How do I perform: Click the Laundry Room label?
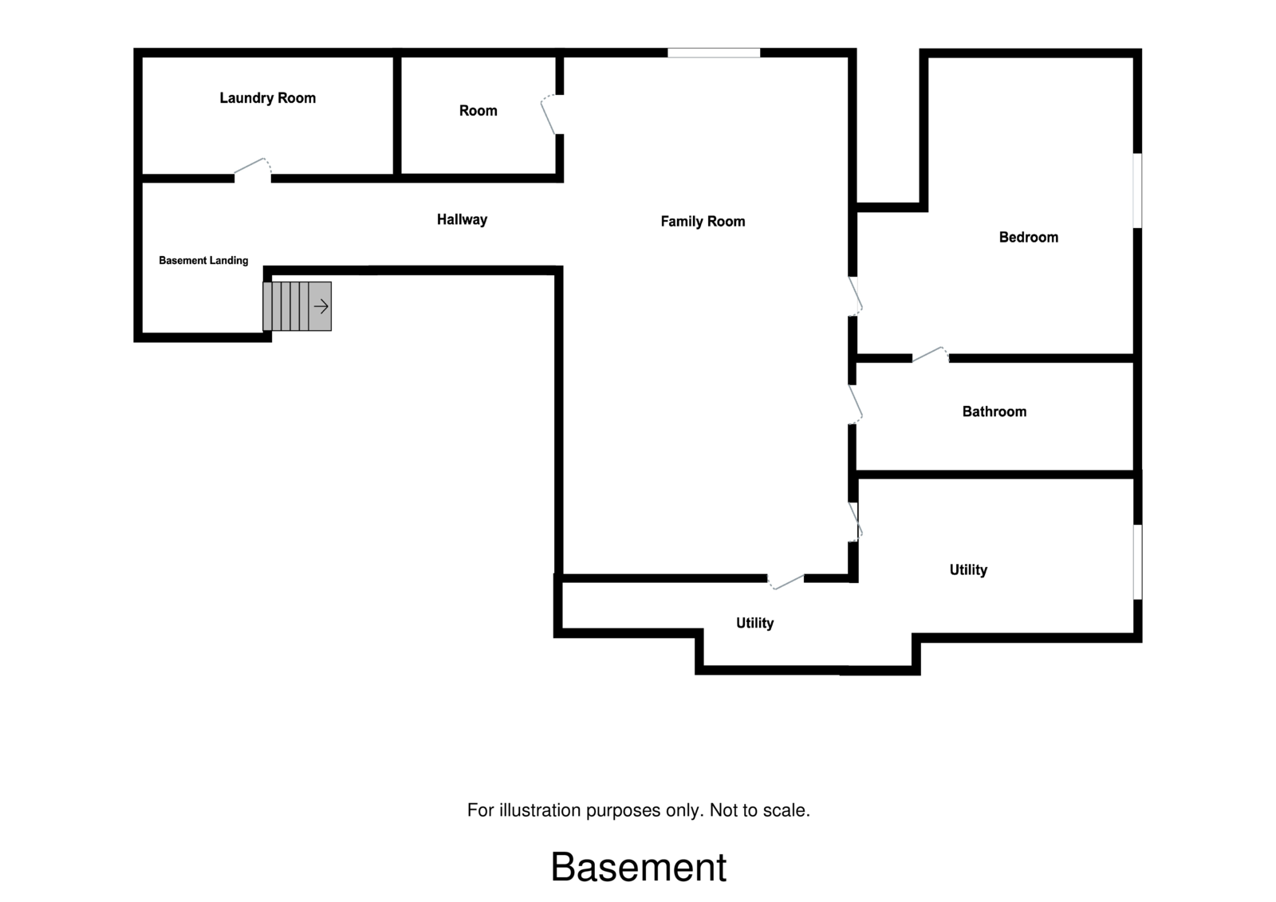pos(267,98)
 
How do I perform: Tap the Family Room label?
pos(703,222)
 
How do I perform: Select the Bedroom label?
pos(1028,237)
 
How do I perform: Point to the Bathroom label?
pos(994,412)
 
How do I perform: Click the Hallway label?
pos(462,219)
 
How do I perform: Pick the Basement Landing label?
pos(203,261)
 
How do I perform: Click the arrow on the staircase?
pos(321,306)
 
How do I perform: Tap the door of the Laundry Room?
pos(252,168)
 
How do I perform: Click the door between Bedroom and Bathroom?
pos(930,354)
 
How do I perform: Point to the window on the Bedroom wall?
pos(1137,190)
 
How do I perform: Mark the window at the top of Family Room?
pos(714,53)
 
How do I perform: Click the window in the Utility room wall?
pos(1137,561)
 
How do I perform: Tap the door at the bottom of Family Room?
pos(786,581)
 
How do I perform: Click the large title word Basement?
pos(638,867)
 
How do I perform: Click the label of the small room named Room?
pos(478,111)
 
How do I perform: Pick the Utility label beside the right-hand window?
pos(968,569)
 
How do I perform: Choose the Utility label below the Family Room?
pos(754,623)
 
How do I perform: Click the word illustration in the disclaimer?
pos(539,810)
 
